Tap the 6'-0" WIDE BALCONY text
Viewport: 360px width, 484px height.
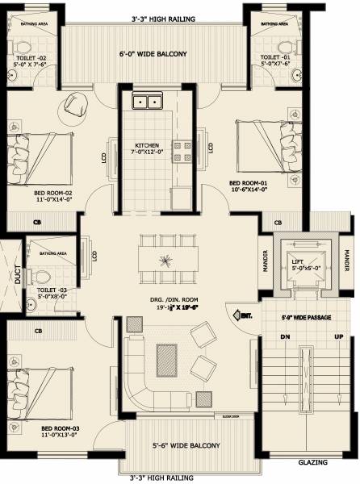tap(153, 55)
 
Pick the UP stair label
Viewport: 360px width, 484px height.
tap(338, 336)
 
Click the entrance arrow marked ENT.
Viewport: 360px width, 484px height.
tap(241, 315)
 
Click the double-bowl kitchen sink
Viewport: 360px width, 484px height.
tap(147, 102)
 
